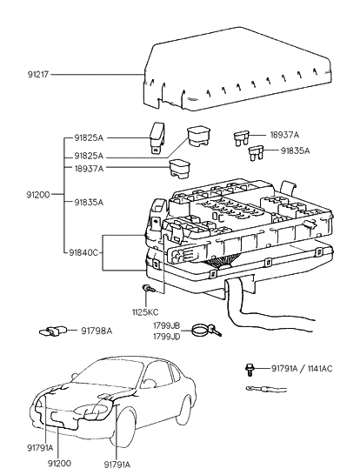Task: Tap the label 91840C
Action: [85, 252]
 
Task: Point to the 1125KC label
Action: [144, 311]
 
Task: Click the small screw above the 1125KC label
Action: [148, 289]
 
